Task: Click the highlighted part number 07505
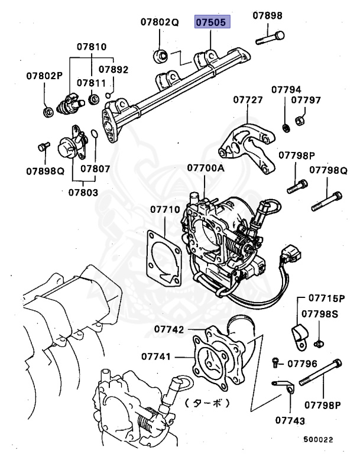point(213,23)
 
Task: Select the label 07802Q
point(159,23)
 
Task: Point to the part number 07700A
point(206,168)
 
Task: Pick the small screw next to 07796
point(275,362)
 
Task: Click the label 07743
point(290,421)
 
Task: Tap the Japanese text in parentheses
point(206,404)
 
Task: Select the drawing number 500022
point(319,440)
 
